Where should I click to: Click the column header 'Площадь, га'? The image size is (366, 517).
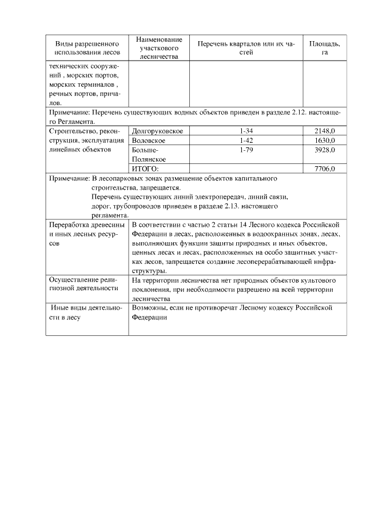(x=324, y=48)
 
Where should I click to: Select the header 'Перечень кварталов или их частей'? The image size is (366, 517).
(x=246, y=48)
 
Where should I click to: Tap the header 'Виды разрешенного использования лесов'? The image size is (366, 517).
(x=87, y=48)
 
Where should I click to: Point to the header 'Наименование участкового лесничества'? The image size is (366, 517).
(x=159, y=48)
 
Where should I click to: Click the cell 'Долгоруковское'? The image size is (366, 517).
(x=157, y=131)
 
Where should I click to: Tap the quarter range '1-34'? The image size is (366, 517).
(x=246, y=131)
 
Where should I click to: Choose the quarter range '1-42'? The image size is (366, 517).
(x=246, y=141)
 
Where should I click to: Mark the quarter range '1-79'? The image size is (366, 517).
(x=246, y=150)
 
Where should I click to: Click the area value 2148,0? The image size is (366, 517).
(x=324, y=131)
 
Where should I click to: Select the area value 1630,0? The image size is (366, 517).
(x=324, y=141)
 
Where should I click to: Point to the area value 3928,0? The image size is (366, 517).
(x=324, y=150)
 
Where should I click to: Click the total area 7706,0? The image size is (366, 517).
(x=324, y=169)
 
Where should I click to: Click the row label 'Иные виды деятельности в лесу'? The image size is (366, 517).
(x=86, y=312)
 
